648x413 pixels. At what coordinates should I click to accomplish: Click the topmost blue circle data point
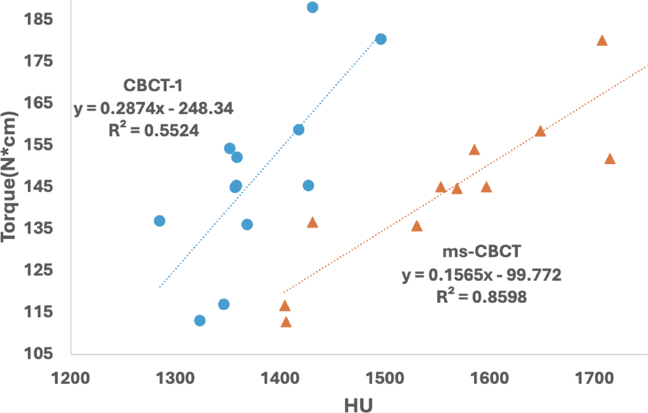point(312,7)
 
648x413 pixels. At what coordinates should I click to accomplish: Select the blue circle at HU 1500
point(381,39)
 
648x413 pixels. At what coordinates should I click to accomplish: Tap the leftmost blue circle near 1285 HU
point(159,221)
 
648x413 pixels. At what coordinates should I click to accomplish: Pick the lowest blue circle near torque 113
point(200,321)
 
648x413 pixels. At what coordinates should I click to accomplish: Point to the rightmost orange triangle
point(609,159)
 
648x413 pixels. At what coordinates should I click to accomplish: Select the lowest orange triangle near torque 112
point(286,322)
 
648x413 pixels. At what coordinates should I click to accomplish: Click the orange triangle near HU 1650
point(540,132)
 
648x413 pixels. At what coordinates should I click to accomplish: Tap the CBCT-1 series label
point(153,85)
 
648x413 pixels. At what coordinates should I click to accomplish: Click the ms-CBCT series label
point(482,251)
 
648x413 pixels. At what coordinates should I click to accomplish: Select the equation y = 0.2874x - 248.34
point(153,108)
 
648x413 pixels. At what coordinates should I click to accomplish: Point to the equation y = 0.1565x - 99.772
point(482,275)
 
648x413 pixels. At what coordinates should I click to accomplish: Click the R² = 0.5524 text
point(153,130)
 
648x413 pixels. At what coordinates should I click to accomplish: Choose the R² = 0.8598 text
point(482,297)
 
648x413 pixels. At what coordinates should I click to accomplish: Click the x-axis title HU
point(358,405)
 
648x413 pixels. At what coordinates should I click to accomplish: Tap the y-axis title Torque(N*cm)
point(9,177)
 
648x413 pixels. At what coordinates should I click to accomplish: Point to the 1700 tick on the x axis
point(594,378)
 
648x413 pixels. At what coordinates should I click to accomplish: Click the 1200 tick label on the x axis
point(70,378)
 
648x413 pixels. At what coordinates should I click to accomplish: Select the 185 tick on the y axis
point(38,19)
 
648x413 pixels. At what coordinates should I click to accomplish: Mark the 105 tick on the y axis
point(38,353)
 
